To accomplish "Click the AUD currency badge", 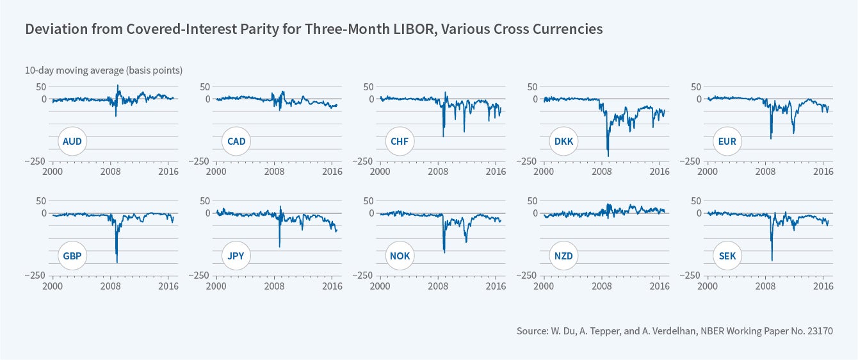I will pos(73,142).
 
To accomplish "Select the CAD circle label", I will pos(236,142).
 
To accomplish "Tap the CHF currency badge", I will pos(400,142).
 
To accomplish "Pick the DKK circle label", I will pos(563,142).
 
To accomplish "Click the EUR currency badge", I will pos(727,142).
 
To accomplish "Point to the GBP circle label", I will pos(73,256).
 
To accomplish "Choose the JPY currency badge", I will pos(236,256).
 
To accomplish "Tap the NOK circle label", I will pos(400,256).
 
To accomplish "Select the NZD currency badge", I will pos(563,256).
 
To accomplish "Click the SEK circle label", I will pos(727,256).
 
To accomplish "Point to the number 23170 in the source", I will pos(820,331).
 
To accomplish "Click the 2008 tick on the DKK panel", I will pos(602,172).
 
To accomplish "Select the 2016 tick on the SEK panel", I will pos(823,286).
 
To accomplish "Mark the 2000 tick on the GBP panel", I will pos(53,286).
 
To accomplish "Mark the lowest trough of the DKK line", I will pos(608,156).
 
